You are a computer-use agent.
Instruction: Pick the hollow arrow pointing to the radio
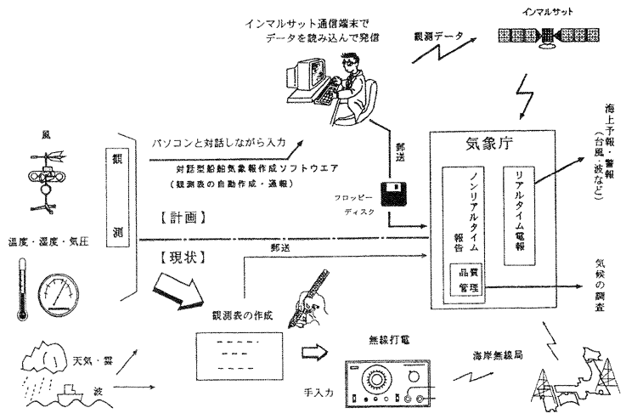313,351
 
